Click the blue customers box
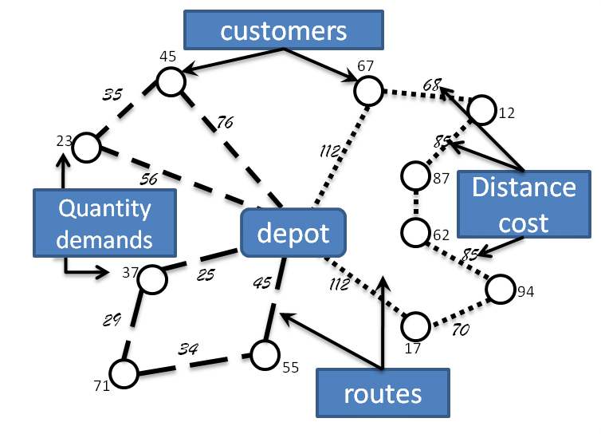pyautogui.click(x=284, y=30)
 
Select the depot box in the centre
pyautogui.click(x=293, y=234)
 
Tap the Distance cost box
pyautogui.click(x=523, y=204)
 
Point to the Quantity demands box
pyautogui.click(x=104, y=223)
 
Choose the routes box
pyautogui.click(x=383, y=394)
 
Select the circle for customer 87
pyautogui.click(x=416, y=176)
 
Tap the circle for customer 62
pyautogui.click(x=415, y=233)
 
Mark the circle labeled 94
pyautogui.click(x=501, y=289)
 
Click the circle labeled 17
pyautogui.click(x=415, y=325)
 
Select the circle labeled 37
pyautogui.click(x=151, y=278)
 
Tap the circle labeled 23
pyautogui.click(x=86, y=147)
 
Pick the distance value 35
pyautogui.click(x=114, y=93)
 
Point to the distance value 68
pyautogui.click(x=432, y=83)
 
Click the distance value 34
pyautogui.click(x=188, y=349)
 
